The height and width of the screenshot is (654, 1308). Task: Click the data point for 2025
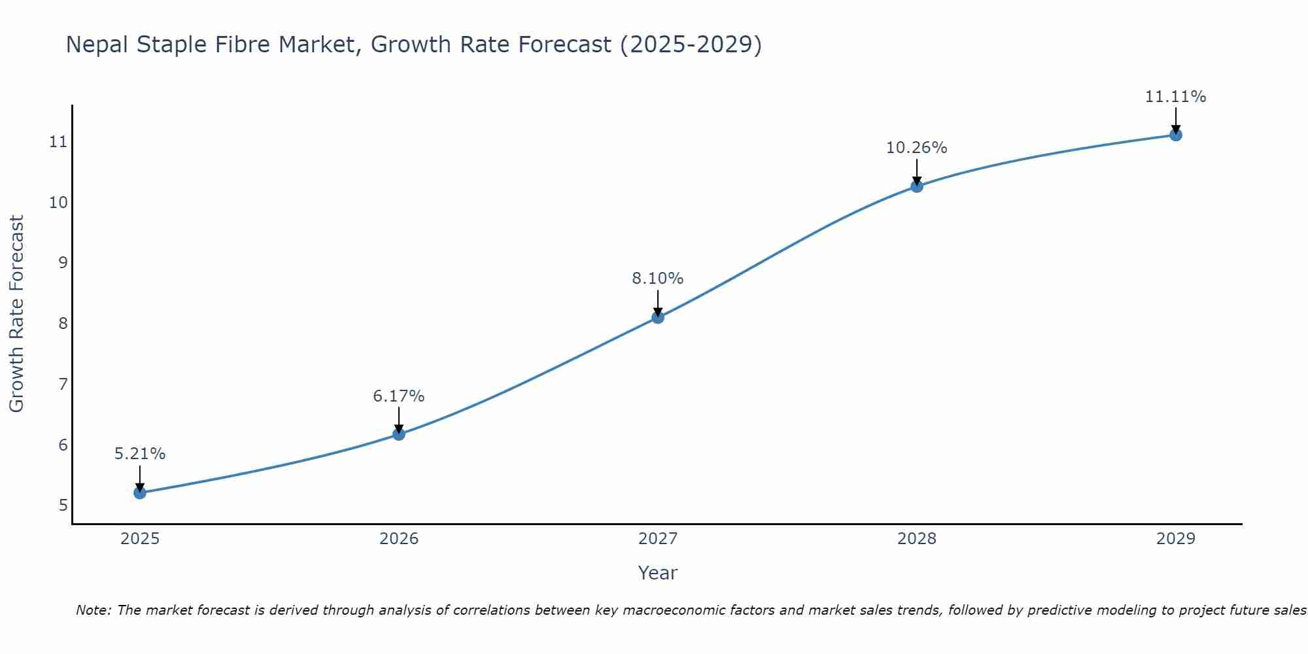pos(140,492)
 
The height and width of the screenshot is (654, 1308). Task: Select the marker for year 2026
pos(399,434)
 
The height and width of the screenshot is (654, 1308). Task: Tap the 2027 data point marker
pos(658,317)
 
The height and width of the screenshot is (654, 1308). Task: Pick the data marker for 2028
pos(917,186)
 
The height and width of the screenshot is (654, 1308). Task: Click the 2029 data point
pos(1176,135)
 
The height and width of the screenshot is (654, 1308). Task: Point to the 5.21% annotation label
pos(140,454)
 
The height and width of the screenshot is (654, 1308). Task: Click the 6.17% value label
pos(399,396)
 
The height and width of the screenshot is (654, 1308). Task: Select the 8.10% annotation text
pos(658,279)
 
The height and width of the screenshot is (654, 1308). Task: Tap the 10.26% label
pos(917,148)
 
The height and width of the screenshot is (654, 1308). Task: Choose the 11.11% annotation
pos(1176,97)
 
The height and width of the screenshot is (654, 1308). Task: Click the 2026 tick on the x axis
pos(399,539)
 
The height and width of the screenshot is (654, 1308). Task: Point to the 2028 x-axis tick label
pos(917,539)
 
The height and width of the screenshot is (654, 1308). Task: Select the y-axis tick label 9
pos(63,263)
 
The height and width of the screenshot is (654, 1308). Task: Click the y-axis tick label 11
pos(59,142)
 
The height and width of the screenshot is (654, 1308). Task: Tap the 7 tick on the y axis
pos(63,384)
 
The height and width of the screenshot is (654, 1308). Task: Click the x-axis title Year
pos(658,573)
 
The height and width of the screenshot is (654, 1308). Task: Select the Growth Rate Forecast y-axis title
pos(16,314)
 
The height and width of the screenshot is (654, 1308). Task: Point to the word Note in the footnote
pos(94,610)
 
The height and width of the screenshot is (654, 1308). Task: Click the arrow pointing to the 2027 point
pos(658,302)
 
